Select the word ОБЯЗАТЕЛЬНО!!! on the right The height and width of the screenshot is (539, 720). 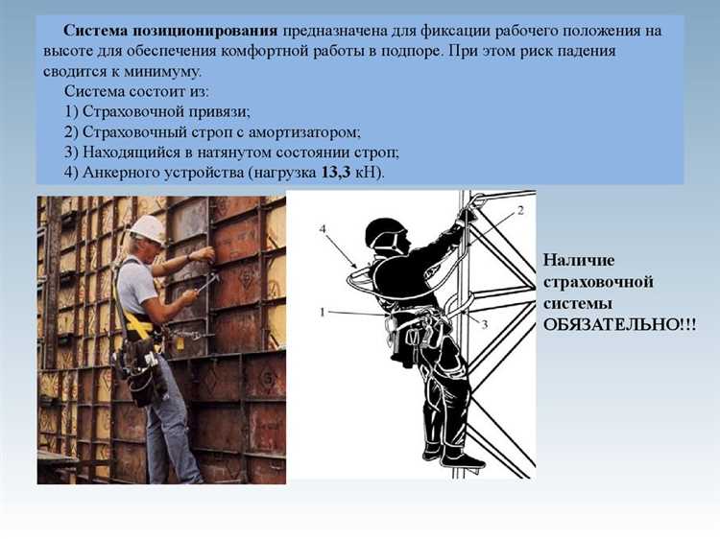[x=619, y=324]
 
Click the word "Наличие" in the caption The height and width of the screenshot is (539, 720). [x=579, y=260]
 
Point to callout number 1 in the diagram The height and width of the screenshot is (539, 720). [x=323, y=312]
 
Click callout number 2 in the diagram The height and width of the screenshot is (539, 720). [x=519, y=208]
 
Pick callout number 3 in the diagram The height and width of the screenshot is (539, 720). [x=485, y=324]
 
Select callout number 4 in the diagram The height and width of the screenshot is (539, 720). [x=324, y=228]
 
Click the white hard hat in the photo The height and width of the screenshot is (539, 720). [x=148, y=228]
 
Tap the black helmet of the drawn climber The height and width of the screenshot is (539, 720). [x=386, y=233]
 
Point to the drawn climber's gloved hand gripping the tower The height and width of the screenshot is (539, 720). [x=467, y=214]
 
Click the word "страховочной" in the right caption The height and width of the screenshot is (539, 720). [x=598, y=282]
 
